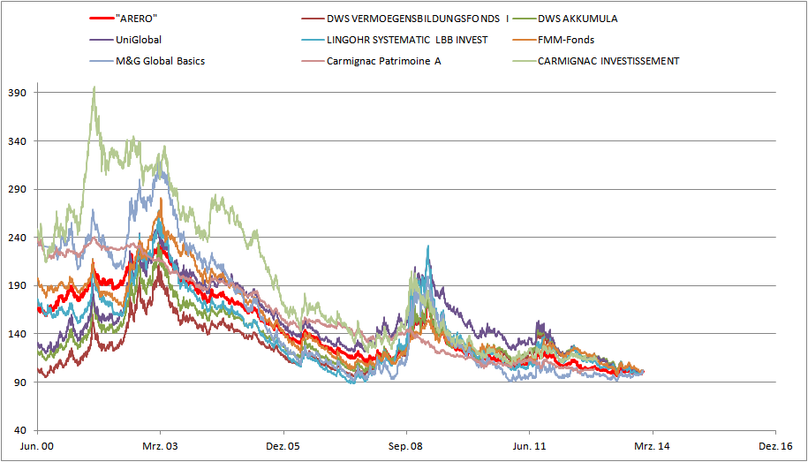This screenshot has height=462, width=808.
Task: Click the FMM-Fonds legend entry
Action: tap(565, 40)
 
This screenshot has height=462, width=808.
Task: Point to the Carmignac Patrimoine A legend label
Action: tap(383, 61)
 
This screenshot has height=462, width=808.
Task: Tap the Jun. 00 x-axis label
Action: tap(37, 448)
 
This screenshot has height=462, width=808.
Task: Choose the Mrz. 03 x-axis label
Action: tap(160, 448)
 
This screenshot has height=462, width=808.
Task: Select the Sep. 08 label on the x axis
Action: tap(406, 448)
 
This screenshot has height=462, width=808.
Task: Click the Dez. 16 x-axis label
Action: tap(774, 448)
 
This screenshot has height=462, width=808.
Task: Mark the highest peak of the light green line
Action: tap(94, 87)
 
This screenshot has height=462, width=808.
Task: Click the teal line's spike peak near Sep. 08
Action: tap(427, 246)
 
